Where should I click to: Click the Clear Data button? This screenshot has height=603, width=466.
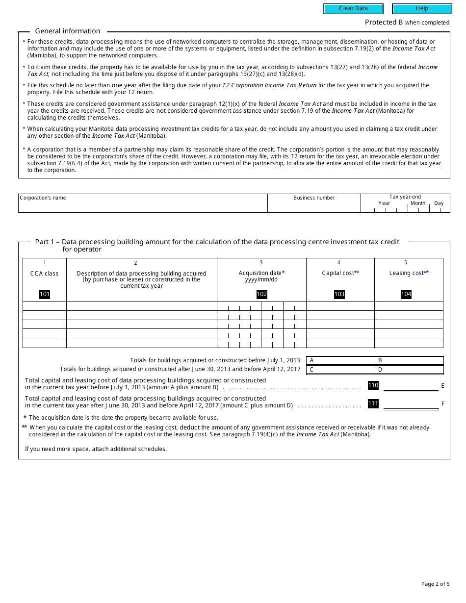(x=353, y=8)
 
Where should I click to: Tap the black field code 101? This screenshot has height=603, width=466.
(x=45, y=294)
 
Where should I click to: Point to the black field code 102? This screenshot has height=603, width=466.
(x=261, y=294)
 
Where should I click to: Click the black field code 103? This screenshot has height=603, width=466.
(x=339, y=294)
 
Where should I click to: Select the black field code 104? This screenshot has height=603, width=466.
(x=406, y=294)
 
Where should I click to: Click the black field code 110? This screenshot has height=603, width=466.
(x=373, y=385)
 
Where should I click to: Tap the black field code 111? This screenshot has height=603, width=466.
(x=373, y=403)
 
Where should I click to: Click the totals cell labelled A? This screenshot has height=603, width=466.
(x=340, y=360)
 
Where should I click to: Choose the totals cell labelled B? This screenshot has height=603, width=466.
(x=409, y=360)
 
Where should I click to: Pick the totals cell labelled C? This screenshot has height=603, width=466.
(x=340, y=370)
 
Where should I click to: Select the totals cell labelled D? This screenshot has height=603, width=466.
(x=409, y=370)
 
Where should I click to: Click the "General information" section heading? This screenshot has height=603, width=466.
(x=68, y=31)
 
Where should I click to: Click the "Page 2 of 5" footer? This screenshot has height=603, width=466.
(x=435, y=584)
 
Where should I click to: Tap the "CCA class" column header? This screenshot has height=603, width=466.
(x=45, y=274)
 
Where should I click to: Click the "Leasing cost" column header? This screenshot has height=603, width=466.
(x=407, y=273)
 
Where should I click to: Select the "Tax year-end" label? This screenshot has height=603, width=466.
(x=405, y=197)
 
